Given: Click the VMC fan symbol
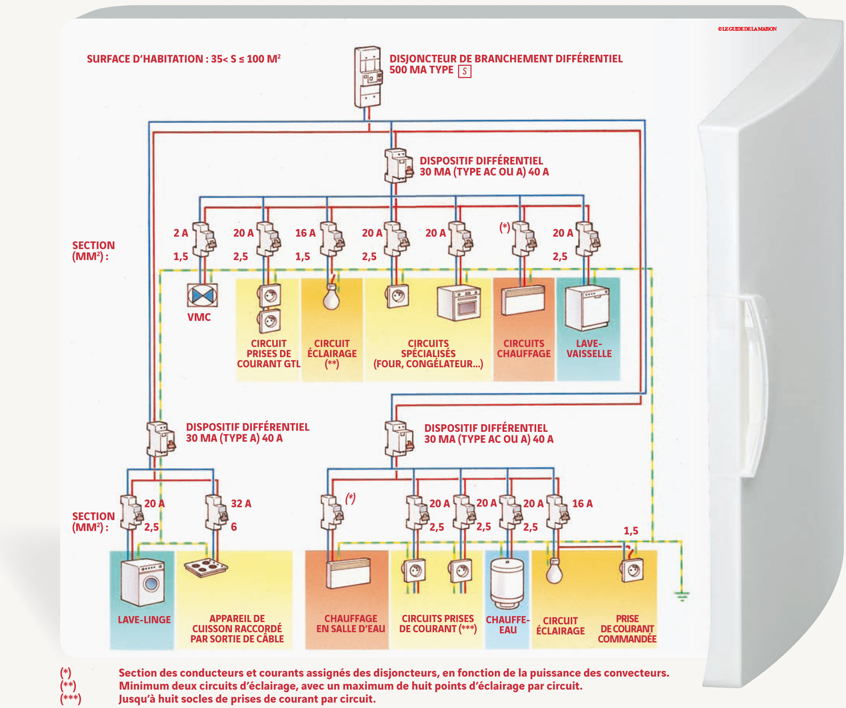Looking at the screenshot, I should click(202, 295).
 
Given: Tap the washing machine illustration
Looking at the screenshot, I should click(143, 582).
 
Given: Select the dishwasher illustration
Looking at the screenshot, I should click(587, 307).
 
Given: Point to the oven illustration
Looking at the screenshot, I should click(459, 303).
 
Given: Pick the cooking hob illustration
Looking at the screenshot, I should click(206, 567).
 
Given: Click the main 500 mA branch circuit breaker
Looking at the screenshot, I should click(367, 77).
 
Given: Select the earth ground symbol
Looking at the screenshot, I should click(682, 595).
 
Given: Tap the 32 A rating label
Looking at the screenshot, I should click(241, 503).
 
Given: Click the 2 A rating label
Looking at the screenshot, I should click(180, 233).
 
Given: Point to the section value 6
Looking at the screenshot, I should click(234, 527).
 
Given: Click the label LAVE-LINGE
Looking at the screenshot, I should click(144, 620).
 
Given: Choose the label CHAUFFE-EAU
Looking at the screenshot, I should click(508, 625).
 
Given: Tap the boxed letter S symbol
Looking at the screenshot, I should click(465, 71).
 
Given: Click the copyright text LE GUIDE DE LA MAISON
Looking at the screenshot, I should click(747, 29).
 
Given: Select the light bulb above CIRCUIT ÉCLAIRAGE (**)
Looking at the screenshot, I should click(331, 297).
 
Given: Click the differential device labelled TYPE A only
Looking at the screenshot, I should click(160, 438).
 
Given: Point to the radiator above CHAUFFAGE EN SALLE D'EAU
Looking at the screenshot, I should click(348, 573).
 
